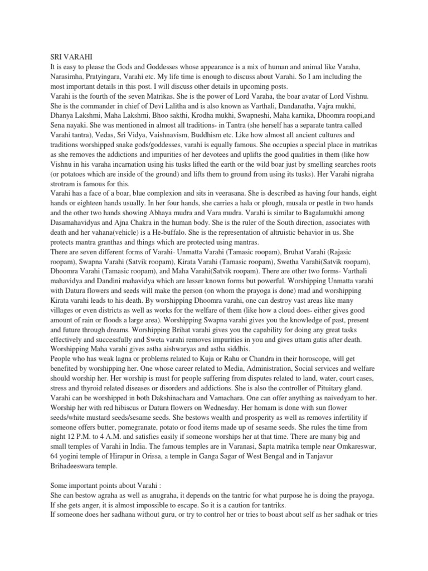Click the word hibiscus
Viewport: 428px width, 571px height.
(138, 408)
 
